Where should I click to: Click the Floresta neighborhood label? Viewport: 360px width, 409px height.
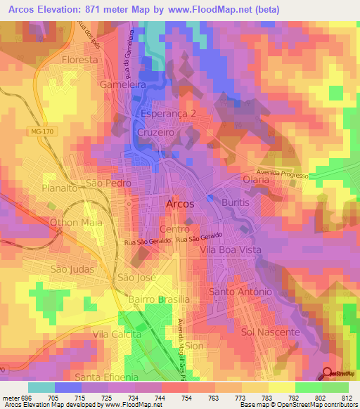79,60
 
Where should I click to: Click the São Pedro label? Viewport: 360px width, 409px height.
109,183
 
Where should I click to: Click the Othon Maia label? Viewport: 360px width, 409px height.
75,222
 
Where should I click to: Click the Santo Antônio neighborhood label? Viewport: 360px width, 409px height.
240,291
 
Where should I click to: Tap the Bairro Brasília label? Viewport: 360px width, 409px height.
150,299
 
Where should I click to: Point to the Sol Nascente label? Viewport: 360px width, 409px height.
270,332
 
